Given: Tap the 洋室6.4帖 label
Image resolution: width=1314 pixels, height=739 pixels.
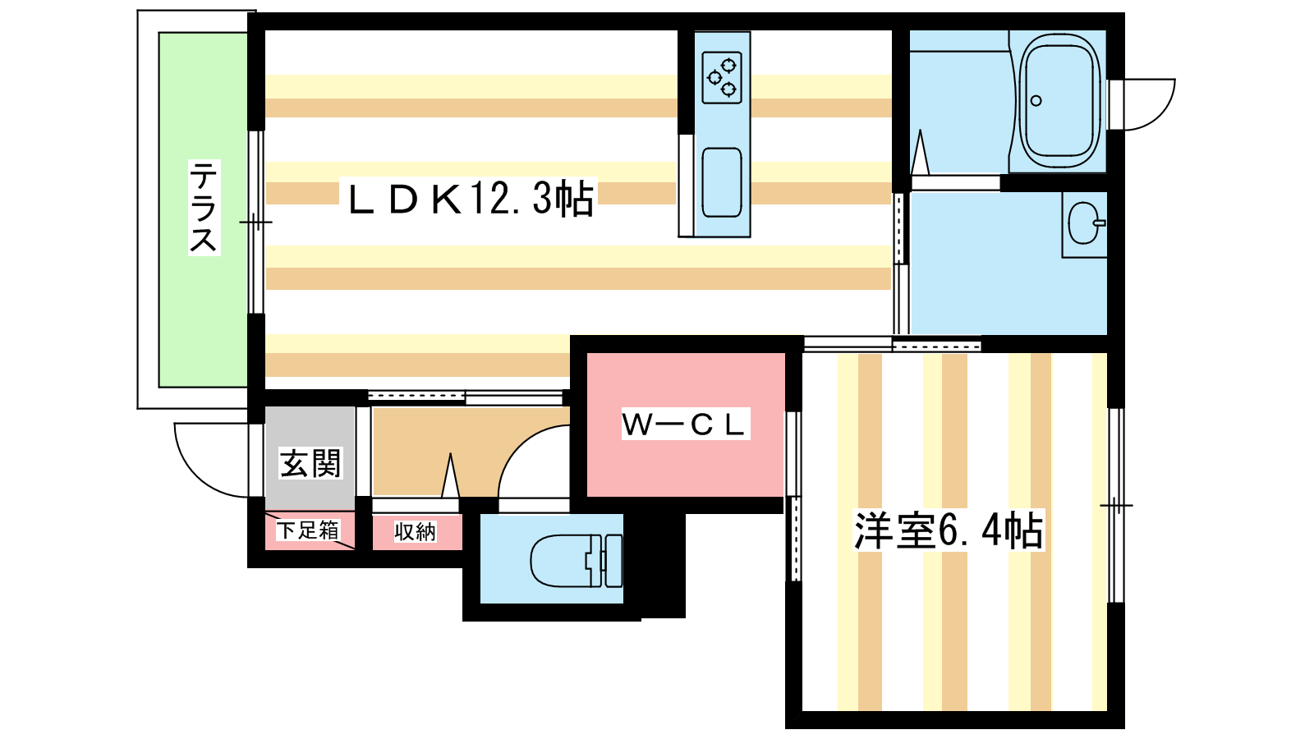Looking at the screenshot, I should coord(949,530).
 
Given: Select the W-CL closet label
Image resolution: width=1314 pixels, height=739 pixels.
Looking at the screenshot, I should coord(685,425).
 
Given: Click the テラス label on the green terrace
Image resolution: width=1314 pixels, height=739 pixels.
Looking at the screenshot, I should coord(204,207).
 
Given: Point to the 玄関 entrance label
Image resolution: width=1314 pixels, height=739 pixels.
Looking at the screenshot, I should coord(310,464).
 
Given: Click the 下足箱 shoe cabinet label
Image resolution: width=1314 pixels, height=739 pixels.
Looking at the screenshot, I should coord(308,530).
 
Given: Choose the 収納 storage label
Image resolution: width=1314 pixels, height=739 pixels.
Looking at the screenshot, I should coord(415,532).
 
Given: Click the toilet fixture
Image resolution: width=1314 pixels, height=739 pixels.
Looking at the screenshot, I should coord(575,560).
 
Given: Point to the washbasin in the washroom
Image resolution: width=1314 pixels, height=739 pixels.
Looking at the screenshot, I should coord(1085,223).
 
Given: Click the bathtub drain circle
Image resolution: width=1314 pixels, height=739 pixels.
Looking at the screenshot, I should coord(1036,101).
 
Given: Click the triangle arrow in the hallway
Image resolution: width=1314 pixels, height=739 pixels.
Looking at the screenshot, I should coord(449,476).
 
